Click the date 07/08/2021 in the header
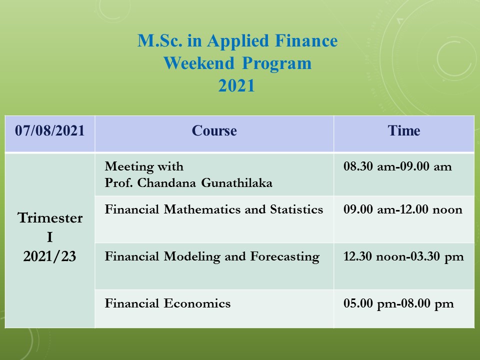tap(49, 130)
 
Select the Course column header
tap(214, 130)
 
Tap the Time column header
tap(404, 130)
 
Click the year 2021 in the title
tap(236, 85)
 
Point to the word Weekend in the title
tap(199, 63)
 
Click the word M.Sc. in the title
tap(159, 40)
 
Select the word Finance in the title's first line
tap(306, 40)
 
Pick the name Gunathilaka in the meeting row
tap(236, 183)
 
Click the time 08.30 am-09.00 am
tap(397, 166)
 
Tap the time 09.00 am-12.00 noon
tap(403, 209)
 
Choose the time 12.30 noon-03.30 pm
tap(403, 256)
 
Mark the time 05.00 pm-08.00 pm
tap(398, 303)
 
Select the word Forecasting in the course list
tap(285, 256)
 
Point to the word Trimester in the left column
tap(50, 218)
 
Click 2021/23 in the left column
tap(49, 256)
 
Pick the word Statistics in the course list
tap(296, 209)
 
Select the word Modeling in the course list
tap(192, 256)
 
